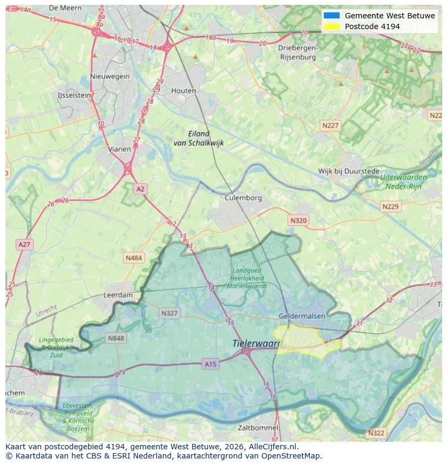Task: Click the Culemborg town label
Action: [243, 198]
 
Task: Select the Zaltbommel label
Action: [258, 428]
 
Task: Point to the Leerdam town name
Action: [118, 295]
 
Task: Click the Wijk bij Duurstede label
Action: [349, 171]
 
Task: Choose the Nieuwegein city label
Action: [110, 76]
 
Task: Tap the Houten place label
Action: [184, 91]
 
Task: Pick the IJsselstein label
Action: [74, 95]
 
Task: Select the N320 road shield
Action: [298, 220]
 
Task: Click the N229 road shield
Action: [390, 207]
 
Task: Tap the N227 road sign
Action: [330, 125]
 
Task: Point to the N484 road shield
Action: [134, 258]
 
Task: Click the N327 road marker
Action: [169, 313]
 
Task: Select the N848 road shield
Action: [116, 339]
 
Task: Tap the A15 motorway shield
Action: [211, 365]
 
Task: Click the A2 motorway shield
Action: [140, 189]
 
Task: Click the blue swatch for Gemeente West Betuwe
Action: [331, 16]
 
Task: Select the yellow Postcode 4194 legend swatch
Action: [331, 26]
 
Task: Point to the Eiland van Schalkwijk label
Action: [199, 138]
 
